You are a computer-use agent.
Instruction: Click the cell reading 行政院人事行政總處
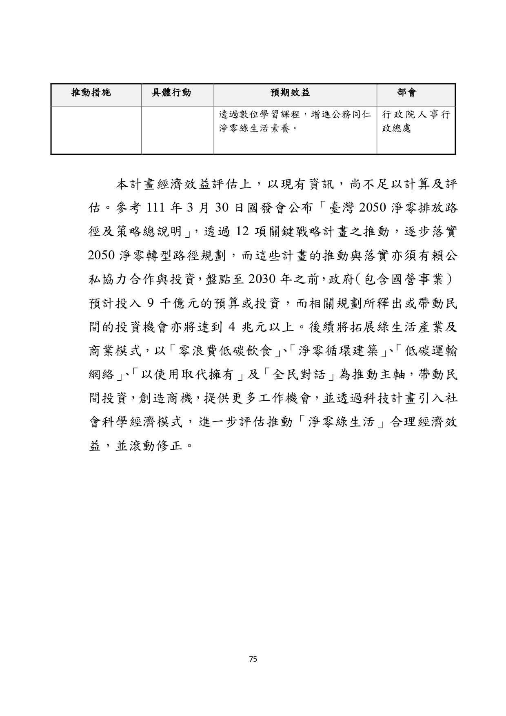pos(415,122)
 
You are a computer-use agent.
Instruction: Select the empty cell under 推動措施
pos(96,130)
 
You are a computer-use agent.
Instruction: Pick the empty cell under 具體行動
pos(178,130)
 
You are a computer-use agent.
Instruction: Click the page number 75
pos(253,659)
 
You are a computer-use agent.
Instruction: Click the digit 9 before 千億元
pos(150,303)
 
